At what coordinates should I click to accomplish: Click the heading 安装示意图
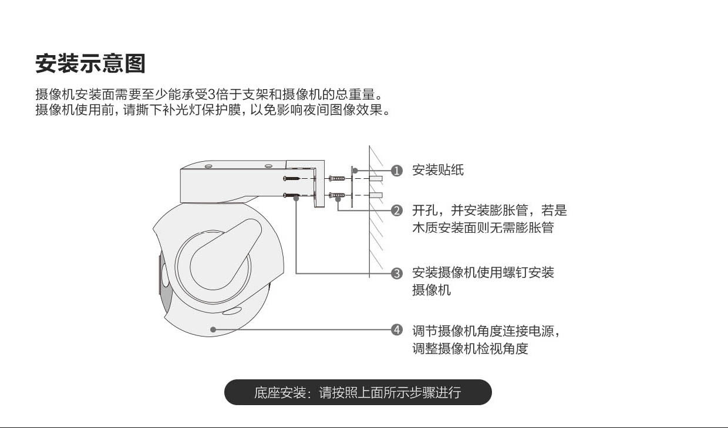click(x=90, y=63)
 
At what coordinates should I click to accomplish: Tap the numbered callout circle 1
click(x=397, y=171)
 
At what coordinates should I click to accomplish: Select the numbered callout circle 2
click(x=397, y=210)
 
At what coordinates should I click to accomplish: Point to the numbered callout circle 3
click(x=397, y=273)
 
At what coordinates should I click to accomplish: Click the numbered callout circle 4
click(x=397, y=330)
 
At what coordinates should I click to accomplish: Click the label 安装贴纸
click(x=438, y=171)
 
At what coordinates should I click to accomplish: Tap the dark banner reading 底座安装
click(x=358, y=392)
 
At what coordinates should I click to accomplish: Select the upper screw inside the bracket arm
click(x=292, y=178)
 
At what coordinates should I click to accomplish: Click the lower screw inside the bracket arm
click(x=292, y=195)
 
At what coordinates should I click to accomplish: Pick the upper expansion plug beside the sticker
click(x=337, y=178)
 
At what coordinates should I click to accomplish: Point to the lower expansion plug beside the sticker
click(x=337, y=195)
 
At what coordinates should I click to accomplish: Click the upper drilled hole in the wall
click(x=376, y=178)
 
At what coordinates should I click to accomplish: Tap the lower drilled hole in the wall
click(x=376, y=195)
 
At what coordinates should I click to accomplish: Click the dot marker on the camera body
click(x=213, y=330)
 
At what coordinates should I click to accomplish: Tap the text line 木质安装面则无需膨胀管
click(x=483, y=227)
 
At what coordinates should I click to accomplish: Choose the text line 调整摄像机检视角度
click(x=470, y=349)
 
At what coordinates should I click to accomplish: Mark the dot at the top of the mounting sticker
click(x=355, y=171)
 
